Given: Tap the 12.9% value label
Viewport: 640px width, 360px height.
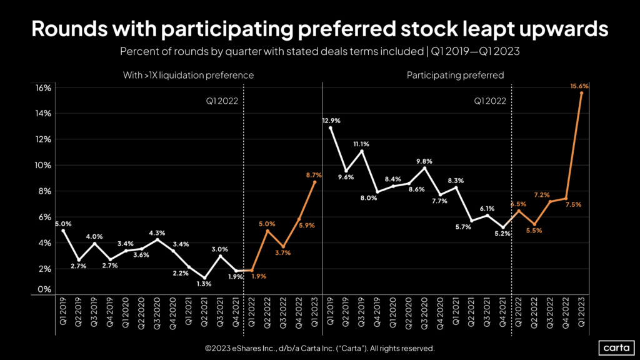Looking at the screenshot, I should click(x=331, y=121).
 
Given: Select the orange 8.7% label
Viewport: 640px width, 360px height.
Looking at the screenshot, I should click(x=313, y=176).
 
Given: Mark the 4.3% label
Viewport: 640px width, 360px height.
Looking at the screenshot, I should click(x=157, y=233).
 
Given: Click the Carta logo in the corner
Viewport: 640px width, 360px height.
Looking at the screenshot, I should click(x=612, y=347).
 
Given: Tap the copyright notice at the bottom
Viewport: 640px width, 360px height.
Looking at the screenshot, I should click(x=319, y=348).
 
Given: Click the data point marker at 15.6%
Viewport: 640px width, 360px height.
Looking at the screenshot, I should click(x=581, y=93).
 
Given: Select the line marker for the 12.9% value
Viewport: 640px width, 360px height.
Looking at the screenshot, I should click(x=331, y=128).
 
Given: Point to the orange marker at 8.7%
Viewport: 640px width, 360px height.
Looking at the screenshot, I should click(x=314, y=182).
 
